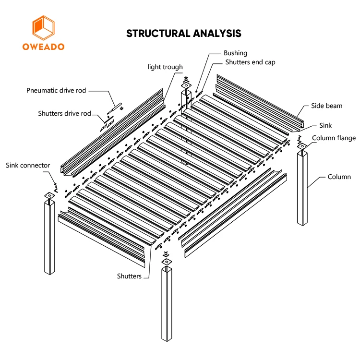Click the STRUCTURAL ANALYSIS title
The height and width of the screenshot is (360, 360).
pos(183,33)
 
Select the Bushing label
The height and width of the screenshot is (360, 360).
pos(235,53)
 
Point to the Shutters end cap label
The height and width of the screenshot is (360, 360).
pos(250,62)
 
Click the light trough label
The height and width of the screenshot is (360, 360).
pos(165,67)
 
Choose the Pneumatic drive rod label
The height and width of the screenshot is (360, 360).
pos(56,90)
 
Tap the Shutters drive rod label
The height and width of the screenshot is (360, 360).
pos(64,114)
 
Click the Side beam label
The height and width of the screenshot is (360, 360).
pos(326,106)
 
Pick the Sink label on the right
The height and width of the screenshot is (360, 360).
pos(325,125)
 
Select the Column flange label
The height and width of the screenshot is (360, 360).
pos(334,138)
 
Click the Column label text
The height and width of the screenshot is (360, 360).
pos(339,177)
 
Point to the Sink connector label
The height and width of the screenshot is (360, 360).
pos(28,166)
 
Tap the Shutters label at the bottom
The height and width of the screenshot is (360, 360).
pos(129,276)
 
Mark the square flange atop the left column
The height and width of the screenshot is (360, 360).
pos(49,196)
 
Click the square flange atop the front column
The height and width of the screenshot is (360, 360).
pos(166,262)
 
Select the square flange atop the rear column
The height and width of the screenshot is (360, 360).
pos(187,86)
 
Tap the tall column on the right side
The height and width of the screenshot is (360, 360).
pos(302,187)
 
